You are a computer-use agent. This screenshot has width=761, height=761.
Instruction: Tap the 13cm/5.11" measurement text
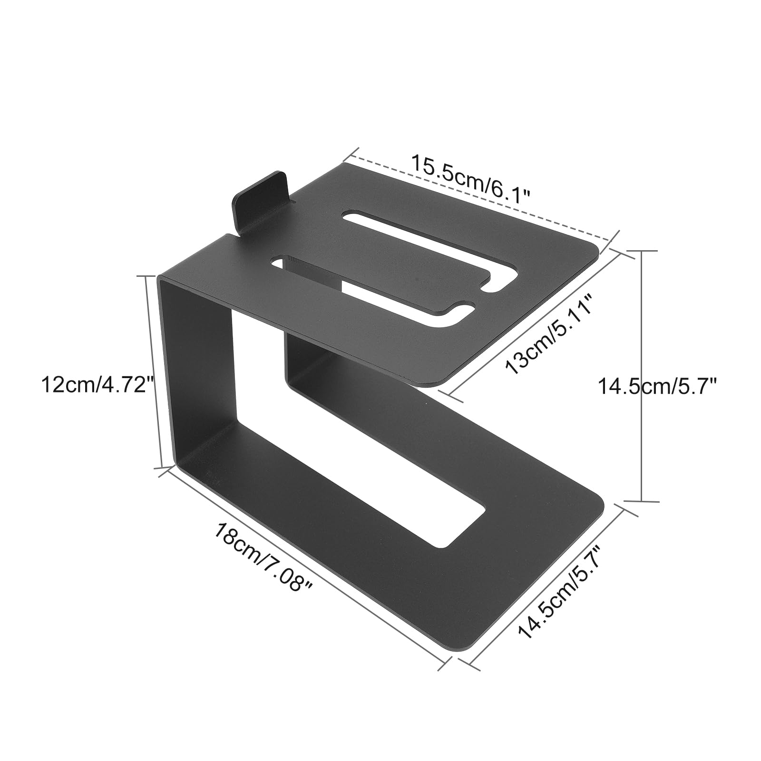click(x=548, y=334)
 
